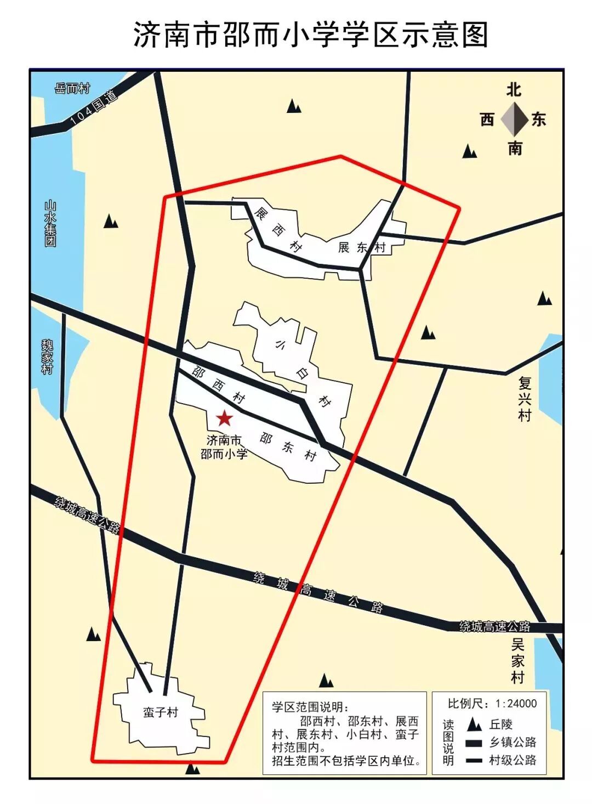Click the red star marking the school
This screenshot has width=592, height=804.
click(224, 419)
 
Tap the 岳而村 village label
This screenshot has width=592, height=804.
click(72, 88)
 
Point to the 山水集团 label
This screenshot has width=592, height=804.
click(50, 224)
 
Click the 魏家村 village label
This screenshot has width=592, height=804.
click(48, 356)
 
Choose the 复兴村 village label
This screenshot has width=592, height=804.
click(525, 398)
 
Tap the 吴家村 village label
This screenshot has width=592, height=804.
click(518, 661)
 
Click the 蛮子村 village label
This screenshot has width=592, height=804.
click(161, 712)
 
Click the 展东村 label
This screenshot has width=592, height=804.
click(362, 247)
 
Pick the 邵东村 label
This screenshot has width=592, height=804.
click(288, 447)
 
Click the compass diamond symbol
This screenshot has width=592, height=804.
click(514, 120)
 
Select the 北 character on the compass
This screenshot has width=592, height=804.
click(514, 90)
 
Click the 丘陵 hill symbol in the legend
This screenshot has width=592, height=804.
click(474, 724)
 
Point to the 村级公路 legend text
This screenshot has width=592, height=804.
click(513, 760)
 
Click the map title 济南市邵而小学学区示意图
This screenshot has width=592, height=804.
click(310, 35)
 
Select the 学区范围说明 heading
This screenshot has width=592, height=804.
click(310, 706)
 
